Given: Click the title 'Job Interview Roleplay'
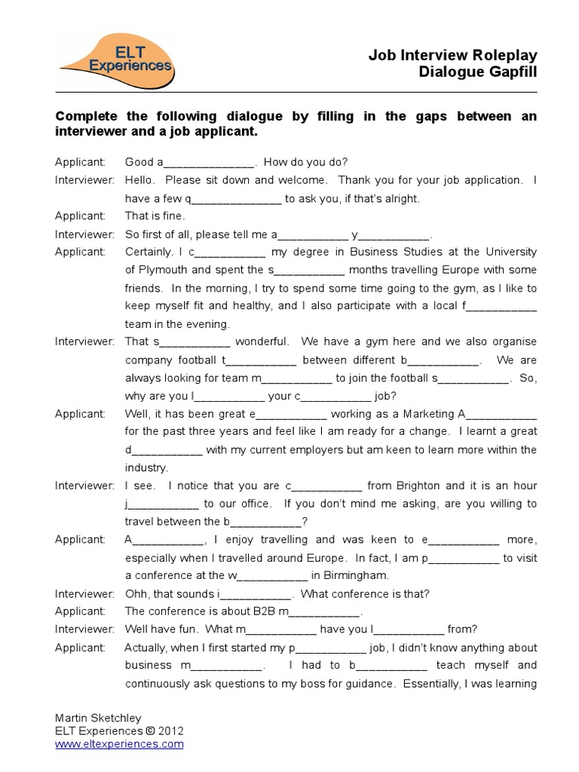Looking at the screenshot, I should pyautogui.click(x=452, y=55).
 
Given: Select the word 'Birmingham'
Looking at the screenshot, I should pyautogui.click(x=349, y=575).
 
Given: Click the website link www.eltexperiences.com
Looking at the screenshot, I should pyautogui.click(x=119, y=743).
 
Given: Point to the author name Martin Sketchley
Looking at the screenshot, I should pyautogui.click(x=97, y=718).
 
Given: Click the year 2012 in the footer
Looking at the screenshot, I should pyautogui.click(x=170, y=731).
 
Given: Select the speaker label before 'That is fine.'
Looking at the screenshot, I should pyautogui.click(x=79, y=216).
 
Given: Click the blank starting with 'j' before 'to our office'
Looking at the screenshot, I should pyautogui.click(x=164, y=504).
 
